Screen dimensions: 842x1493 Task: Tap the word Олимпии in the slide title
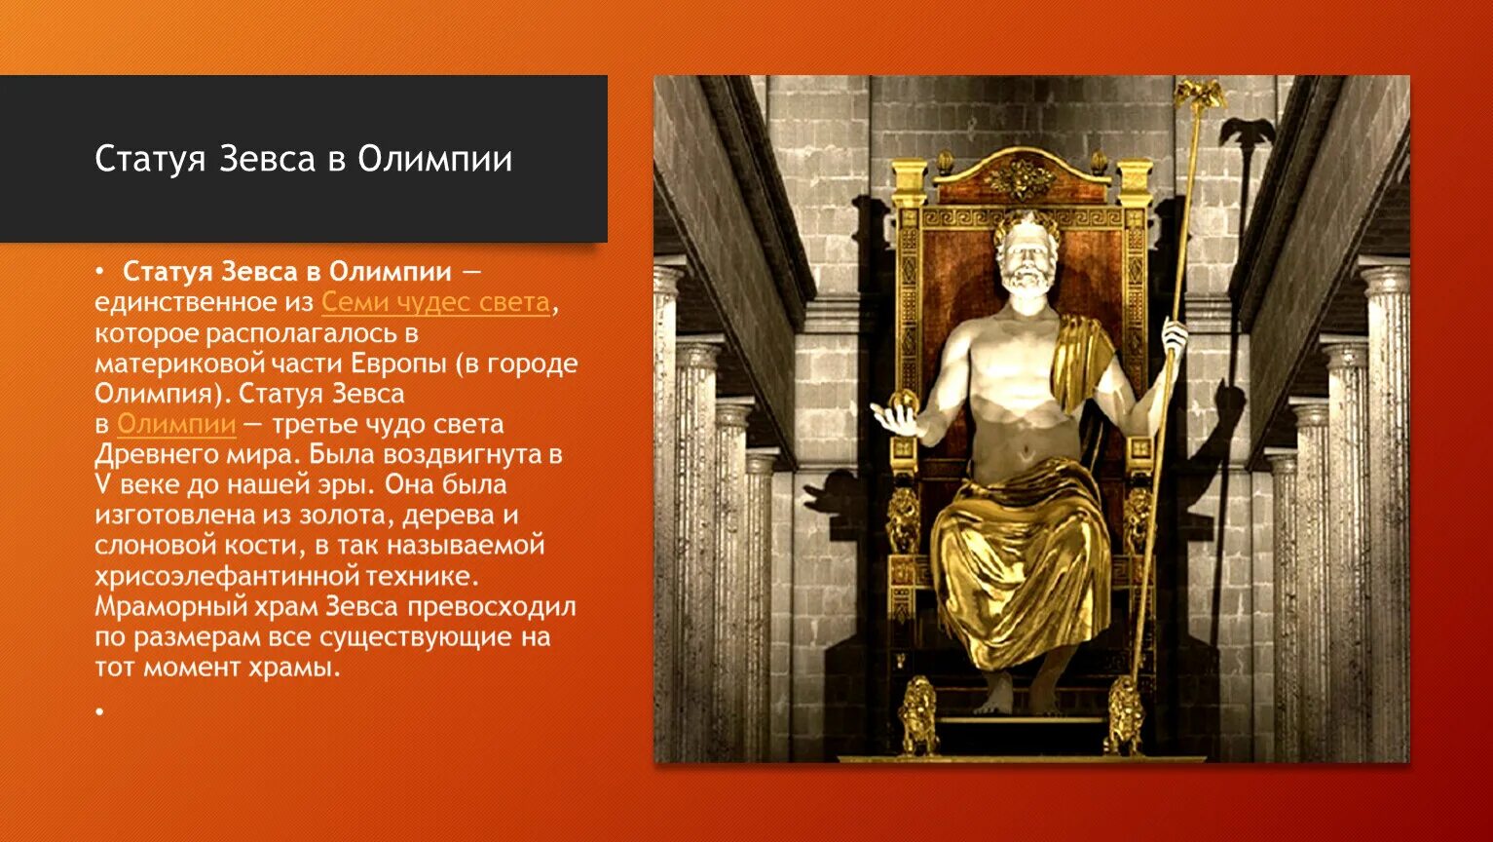click(434, 159)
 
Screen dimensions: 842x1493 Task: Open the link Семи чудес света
click(435, 302)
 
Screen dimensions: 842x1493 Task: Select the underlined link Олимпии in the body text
click(176, 424)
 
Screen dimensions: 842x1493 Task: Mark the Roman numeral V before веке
click(100, 484)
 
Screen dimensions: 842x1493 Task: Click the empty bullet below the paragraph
click(99, 712)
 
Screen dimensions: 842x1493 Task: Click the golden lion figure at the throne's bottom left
click(917, 717)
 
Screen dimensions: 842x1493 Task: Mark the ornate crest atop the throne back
click(1019, 177)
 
